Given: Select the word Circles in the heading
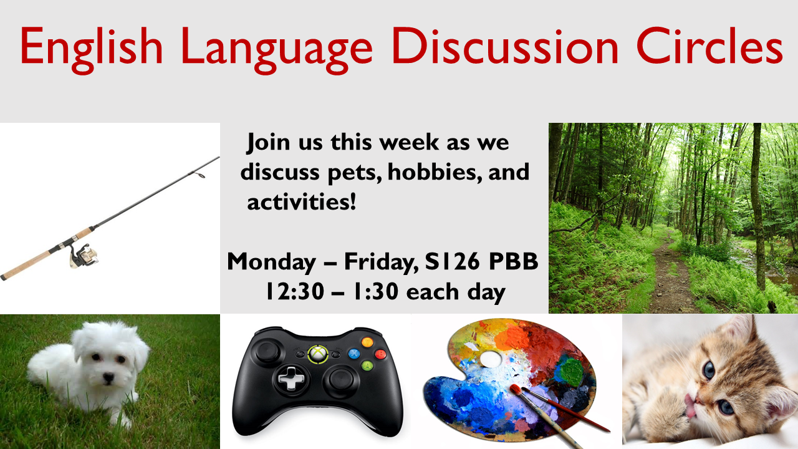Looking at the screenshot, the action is pos(709,46).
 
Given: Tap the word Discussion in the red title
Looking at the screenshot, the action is pos(505,46).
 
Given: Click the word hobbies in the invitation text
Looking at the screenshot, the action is pos(435,171).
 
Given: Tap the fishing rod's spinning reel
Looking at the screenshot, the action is pos(84,254).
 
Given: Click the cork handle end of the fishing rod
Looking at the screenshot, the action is pos(3,277).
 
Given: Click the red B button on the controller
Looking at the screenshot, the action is pos(380,354).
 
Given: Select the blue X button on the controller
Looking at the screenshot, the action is pos(353,354).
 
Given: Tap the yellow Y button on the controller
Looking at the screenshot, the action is pos(367,342).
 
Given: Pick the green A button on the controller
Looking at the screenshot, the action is pos(367,365).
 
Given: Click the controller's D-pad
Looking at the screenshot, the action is pos(291,379).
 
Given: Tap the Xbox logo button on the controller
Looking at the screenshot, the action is pos(318,354).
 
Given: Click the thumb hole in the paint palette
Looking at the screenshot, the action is pos(491,359).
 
